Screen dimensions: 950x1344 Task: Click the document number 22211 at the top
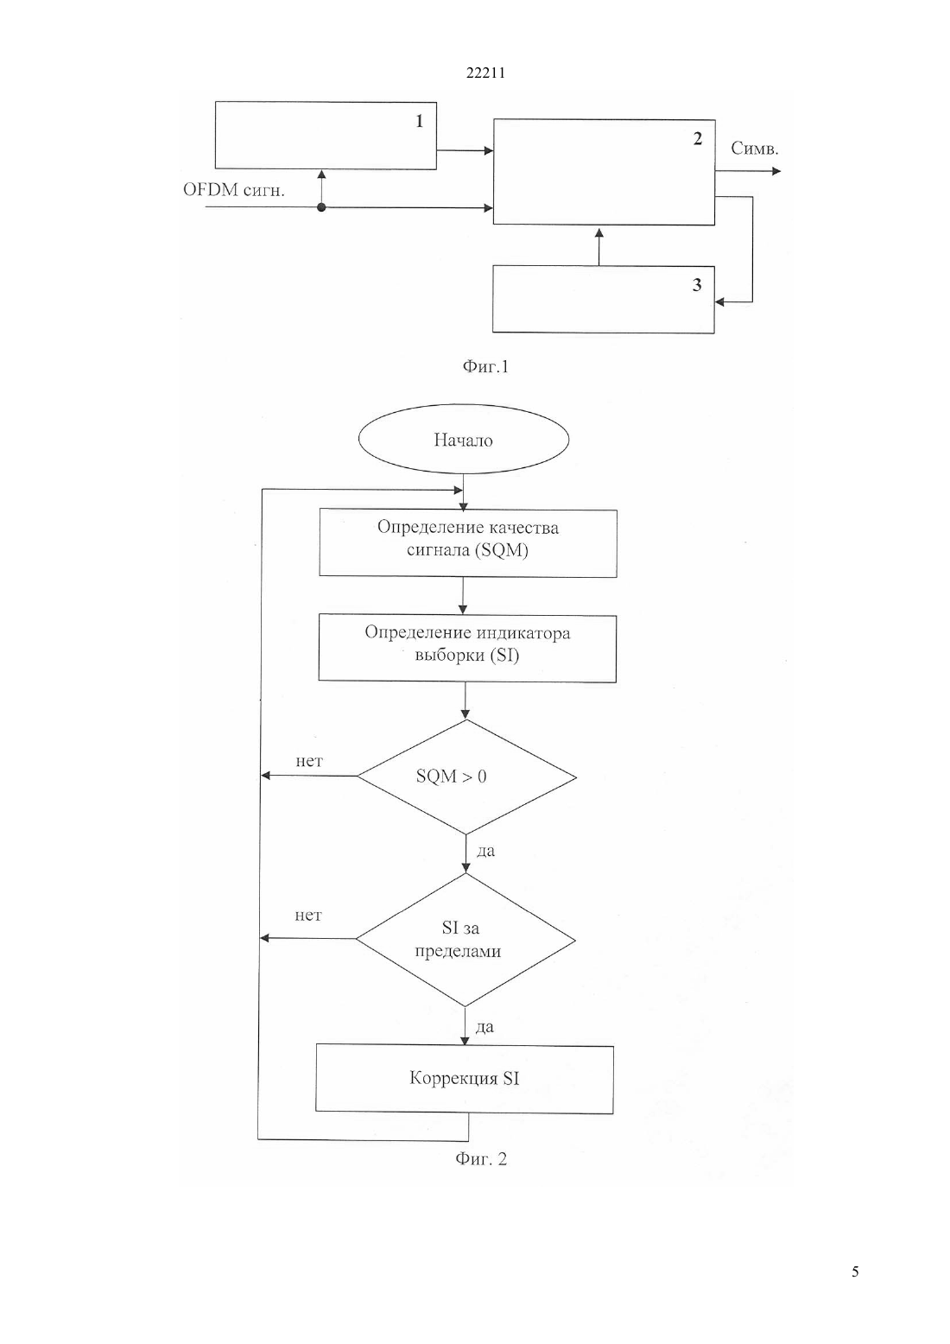tap(485, 73)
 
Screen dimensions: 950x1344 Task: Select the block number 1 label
tap(419, 121)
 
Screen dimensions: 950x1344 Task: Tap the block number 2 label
tap(698, 138)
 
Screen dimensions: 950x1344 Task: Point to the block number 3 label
tap(697, 285)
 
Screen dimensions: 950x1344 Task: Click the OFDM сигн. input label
tap(234, 190)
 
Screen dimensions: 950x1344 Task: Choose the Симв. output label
tap(755, 149)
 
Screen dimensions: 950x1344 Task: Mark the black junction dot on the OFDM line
tap(321, 207)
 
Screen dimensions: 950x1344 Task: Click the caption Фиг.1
tap(485, 366)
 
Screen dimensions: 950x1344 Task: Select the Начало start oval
tap(464, 439)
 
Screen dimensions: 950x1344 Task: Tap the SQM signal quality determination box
tap(468, 543)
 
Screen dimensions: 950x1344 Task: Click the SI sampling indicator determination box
tap(467, 648)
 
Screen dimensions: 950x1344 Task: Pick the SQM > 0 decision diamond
tap(466, 777)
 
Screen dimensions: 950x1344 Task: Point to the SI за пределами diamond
tap(465, 940)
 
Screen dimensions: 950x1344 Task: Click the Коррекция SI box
tap(465, 1079)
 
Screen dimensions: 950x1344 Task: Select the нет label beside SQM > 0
tap(309, 762)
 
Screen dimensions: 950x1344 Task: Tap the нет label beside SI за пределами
tap(307, 916)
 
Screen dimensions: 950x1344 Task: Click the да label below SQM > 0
tap(485, 851)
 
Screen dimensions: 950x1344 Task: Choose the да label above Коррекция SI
tap(484, 1027)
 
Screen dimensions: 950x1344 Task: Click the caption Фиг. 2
tap(481, 1158)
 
